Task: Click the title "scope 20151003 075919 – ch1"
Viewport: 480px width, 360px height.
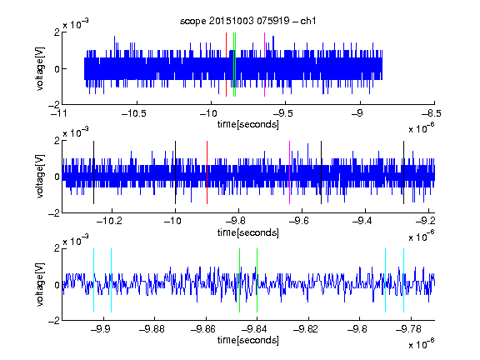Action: click(247, 21)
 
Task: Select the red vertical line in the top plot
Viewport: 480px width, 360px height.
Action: click(226, 65)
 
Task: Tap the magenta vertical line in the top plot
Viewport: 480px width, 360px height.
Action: click(264, 65)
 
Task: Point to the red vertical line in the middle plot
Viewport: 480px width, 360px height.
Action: click(207, 172)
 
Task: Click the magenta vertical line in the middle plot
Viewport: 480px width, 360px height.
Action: click(290, 172)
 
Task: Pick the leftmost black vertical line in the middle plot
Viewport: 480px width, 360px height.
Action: click(93, 172)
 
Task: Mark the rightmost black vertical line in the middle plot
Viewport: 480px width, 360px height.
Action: click(403, 172)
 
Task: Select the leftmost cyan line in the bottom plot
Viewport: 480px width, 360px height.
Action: click(93, 280)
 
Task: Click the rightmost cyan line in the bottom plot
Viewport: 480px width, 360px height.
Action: click(403, 280)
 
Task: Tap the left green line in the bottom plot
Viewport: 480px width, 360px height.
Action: click(239, 280)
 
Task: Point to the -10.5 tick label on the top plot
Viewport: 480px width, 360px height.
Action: click(134, 113)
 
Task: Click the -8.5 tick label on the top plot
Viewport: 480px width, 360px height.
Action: click(432, 113)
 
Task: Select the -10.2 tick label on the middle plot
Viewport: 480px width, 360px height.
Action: click(109, 220)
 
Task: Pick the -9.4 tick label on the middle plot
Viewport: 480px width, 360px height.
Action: click(362, 220)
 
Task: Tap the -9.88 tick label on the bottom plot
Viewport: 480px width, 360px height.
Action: click(152, 329)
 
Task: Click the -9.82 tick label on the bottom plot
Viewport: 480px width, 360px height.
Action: click(306, 329)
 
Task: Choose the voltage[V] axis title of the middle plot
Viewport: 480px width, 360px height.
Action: click(40, 177)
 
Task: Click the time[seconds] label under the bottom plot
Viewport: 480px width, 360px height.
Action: click(248, 340)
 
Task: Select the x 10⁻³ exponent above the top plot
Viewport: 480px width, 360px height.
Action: click(76, 23)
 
